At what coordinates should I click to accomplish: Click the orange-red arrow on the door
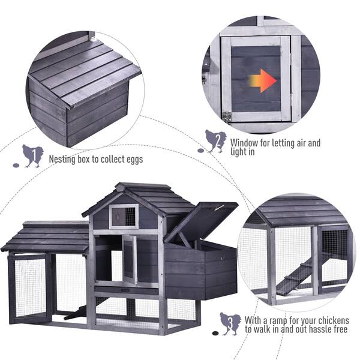[x=263, y=81]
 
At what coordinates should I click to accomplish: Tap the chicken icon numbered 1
[x=33, y=156]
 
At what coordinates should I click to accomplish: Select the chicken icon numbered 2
[x=216, y=141]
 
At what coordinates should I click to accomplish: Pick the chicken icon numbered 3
[x=230, y=324]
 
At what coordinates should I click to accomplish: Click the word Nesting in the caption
[x=62, y=159]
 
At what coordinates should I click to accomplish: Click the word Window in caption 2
[x=244, y=143]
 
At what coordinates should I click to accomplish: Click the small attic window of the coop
[x=124, y=217]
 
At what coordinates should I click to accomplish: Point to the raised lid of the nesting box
[x=201, y=222]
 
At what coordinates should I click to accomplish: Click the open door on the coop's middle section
[x=130, y=259]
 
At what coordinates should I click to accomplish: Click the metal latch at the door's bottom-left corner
[x=227, y=116]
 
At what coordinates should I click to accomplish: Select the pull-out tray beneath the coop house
[x=126, y=290]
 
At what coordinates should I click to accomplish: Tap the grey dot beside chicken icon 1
[x=16, y=165]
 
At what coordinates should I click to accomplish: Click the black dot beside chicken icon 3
[x=215, y=332]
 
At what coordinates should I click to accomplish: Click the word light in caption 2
[x=240, y=152]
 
